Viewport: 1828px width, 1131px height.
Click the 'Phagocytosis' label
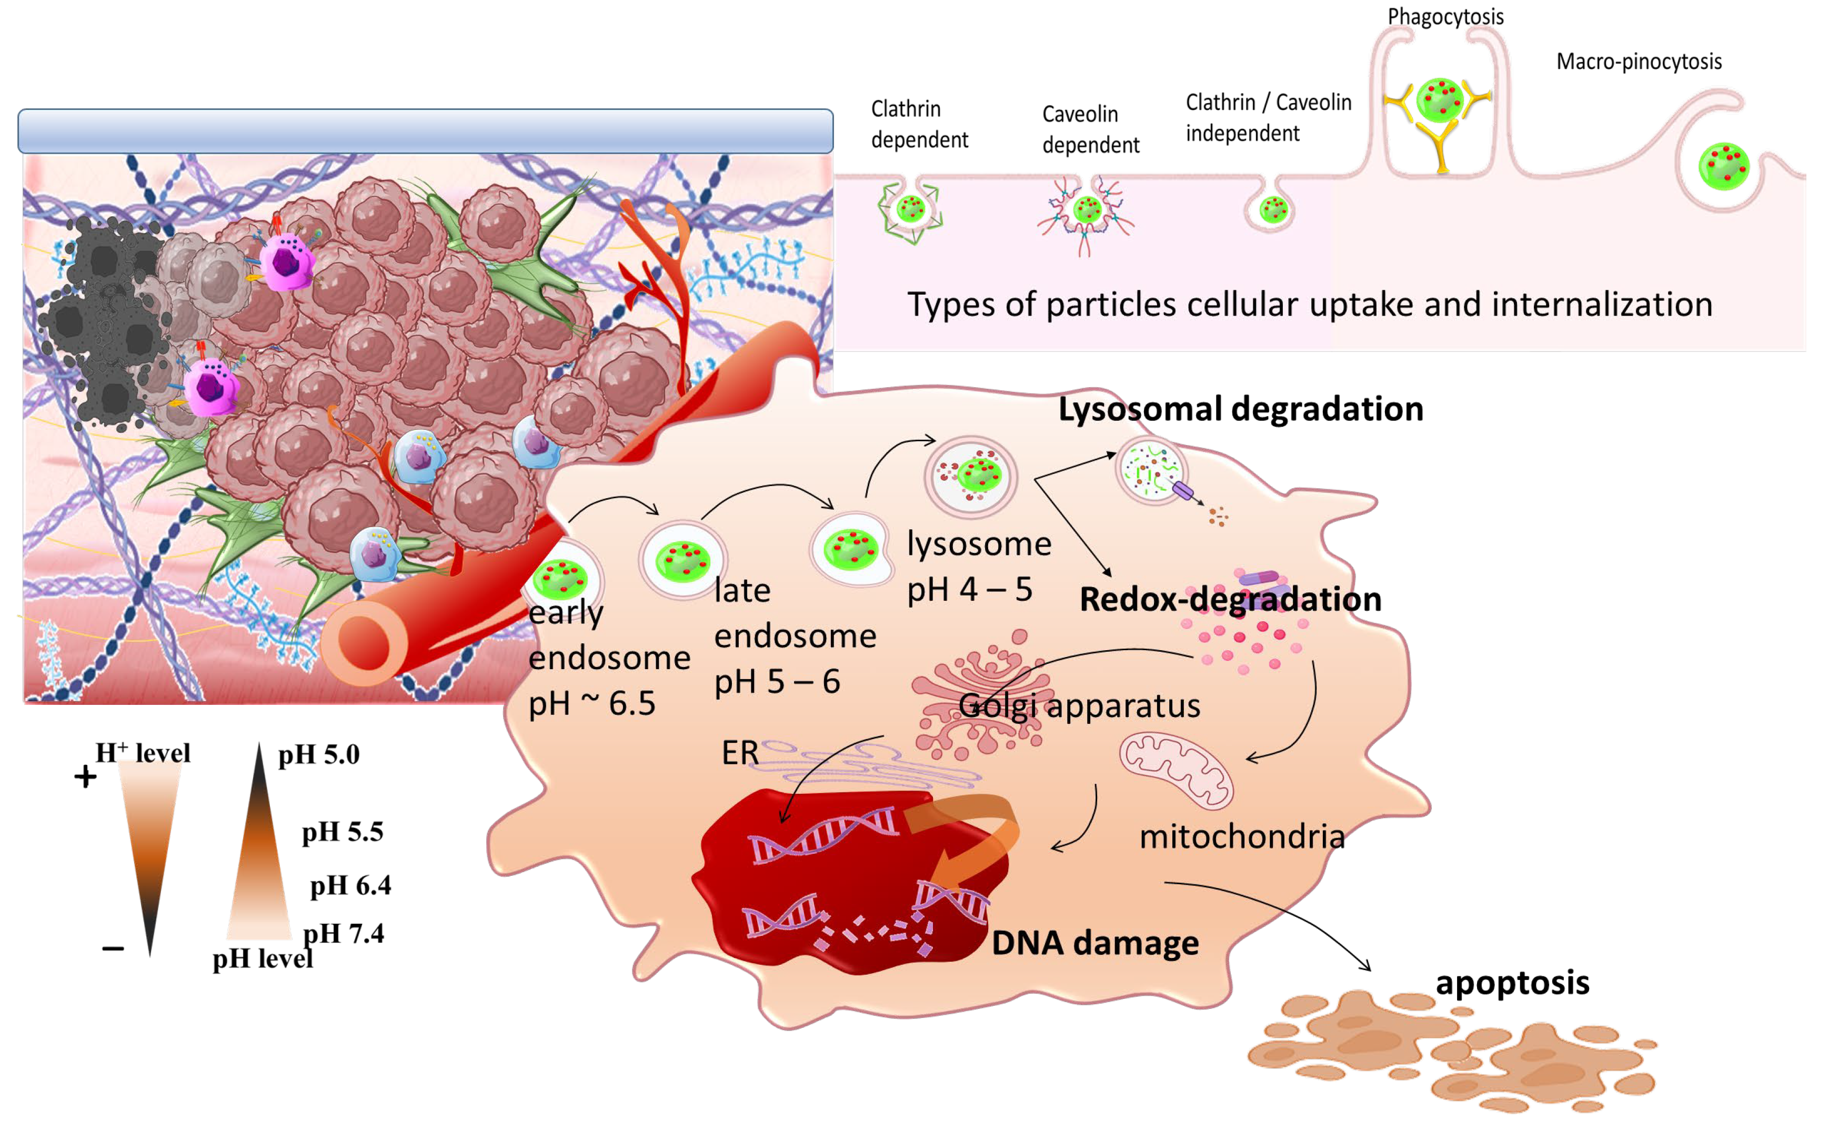[1444, 16]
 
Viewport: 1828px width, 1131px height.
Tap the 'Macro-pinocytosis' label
[1638, 62]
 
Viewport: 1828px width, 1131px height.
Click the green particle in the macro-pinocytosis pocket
[1723, 166]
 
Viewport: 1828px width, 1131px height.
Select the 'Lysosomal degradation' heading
[1240, 409]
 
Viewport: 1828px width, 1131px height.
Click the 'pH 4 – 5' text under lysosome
[969, 590]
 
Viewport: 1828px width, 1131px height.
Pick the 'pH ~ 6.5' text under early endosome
[591, 703]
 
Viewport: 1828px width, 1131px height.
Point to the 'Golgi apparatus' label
[1079, 705]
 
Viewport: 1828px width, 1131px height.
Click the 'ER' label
[739, 752]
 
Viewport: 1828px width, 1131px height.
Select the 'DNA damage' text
[1094, 943]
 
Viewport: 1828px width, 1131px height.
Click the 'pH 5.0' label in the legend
[319, 754]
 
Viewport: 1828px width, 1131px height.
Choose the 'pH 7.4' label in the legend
[344, 933]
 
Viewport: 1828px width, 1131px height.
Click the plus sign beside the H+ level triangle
[85, 776]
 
